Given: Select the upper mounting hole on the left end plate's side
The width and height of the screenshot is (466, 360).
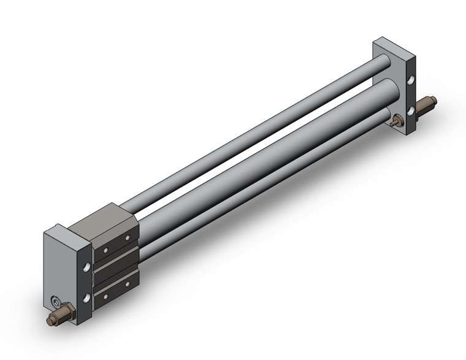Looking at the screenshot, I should pyautogui.click(x=86, y=267).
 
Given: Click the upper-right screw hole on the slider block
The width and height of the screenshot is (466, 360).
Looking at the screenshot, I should pyautogui.click(x=128, y=238).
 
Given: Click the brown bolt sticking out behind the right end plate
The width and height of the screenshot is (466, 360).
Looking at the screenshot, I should pyautogui.click(x=425, y=107).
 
